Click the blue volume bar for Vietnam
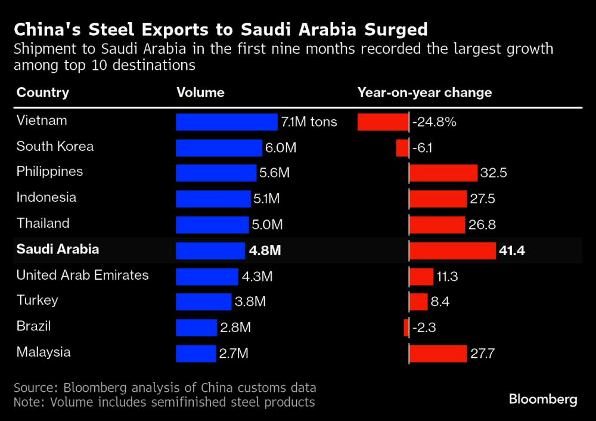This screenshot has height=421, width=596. coord(226,122)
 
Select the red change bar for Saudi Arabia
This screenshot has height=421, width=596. coord(452,250)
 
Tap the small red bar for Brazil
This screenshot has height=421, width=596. coord(406,327)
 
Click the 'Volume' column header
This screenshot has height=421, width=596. coord(200,92)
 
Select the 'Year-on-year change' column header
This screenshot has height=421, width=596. coord(424,92)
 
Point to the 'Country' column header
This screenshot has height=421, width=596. coord(43,92)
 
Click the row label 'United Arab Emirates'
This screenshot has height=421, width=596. coord(82,275)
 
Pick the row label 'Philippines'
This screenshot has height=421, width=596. coord(49,172)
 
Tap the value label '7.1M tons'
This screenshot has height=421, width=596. coord(309,122)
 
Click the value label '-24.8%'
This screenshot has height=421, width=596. coord(434,122)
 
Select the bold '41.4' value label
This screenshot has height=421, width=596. coord(513,250)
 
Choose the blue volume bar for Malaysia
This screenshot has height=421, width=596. coord(196,353)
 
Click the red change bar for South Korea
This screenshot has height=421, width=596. coord(402,148)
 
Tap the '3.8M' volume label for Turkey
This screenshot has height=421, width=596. coord(250,302)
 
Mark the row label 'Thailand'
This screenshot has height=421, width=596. coord(43,224)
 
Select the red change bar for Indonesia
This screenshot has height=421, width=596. coord(438,199)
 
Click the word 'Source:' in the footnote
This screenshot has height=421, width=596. coord(35,387)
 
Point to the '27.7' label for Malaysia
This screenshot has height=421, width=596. coord(483,354)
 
